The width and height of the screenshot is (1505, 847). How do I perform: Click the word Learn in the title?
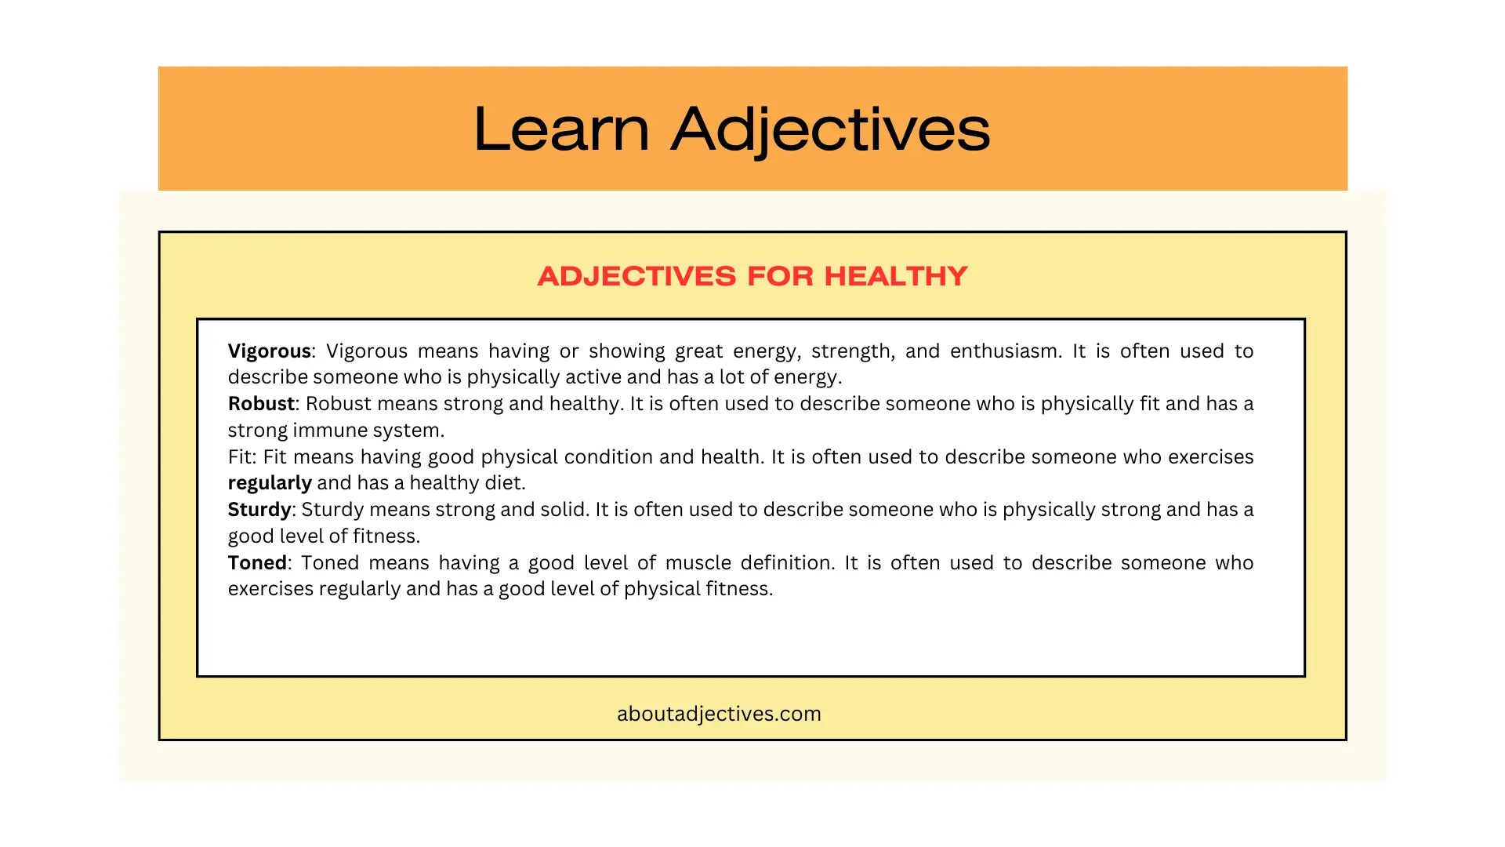[x=561, y=129]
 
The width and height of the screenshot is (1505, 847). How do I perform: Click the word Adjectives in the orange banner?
[x=831, y=129]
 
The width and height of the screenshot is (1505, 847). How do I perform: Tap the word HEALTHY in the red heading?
[x=896, y=276]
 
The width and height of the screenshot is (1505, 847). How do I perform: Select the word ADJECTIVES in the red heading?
[x=636, y=276]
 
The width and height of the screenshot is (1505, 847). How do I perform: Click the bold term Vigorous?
[x=269, y=351]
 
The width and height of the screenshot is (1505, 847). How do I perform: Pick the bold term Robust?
[x=261, y=403]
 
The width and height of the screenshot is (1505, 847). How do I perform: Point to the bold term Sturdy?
[x=259, y=509]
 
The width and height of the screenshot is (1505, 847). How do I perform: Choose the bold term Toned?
[x=257, y=562]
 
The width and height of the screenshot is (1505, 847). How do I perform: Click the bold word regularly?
[x=270, y=482]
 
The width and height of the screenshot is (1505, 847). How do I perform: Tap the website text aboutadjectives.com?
[x=719, y=714]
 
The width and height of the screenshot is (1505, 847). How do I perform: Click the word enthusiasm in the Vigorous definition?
[x=1006, y=351]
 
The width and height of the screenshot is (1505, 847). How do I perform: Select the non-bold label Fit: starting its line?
[x=242, y=456]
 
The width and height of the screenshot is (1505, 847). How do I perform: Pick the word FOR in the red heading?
[x=781, y=276]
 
